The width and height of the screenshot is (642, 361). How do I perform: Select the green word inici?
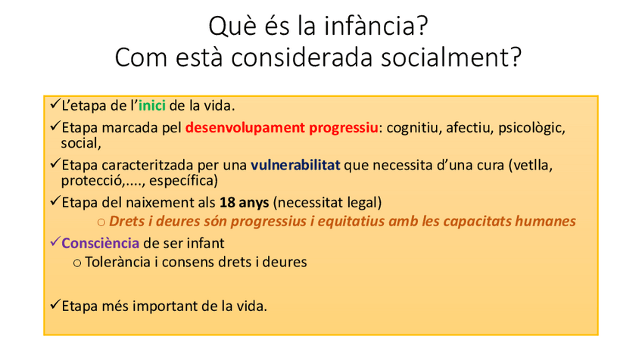pos(152,106)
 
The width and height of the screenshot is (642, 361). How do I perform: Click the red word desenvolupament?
pos(245,128)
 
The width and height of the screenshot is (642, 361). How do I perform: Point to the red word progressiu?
pos(344,128)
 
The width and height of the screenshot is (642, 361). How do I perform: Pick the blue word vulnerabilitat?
pos(295,165)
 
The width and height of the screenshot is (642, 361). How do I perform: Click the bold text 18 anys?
pos(244,202)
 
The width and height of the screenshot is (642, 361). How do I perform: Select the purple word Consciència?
pos(100,243)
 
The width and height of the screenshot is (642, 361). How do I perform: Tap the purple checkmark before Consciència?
pos(55,241)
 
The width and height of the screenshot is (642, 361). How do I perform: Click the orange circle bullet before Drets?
pos(101,223)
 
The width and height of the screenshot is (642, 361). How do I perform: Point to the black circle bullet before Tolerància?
pos(77,263)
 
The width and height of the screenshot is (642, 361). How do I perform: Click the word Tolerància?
pos(117,262)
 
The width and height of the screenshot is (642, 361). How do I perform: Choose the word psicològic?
pos(531,128)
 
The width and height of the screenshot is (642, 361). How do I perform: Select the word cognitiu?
pos(414,128)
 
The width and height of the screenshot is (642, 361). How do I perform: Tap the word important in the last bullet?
pos(165,307)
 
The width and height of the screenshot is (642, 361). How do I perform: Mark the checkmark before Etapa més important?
pos(55,304)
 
